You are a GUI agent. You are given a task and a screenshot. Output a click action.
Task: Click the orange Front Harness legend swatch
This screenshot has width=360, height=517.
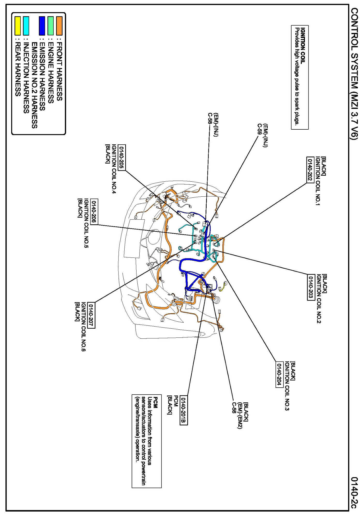tap(59, 26)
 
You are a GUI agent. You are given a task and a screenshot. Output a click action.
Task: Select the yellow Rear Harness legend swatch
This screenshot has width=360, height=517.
tap(18, 26)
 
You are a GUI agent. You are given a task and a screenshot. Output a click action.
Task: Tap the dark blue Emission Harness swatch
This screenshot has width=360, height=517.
tap(42, 26)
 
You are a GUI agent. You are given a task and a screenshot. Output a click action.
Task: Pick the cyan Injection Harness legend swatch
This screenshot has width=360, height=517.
tap(26, 26)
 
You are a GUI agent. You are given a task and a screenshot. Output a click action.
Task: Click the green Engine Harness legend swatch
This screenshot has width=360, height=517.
tap(50, 26)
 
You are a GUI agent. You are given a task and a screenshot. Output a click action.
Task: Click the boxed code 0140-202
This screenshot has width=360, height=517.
tap(310, 170)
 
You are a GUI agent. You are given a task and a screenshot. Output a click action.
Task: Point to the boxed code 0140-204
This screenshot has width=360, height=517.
tap(279, 374)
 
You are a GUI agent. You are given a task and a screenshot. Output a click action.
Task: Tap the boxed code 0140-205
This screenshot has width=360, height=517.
tap(122, 158)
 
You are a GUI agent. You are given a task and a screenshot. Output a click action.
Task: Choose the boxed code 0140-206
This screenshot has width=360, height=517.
tap(94, 212)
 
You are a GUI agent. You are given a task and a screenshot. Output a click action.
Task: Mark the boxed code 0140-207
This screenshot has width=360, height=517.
tap(91, 315)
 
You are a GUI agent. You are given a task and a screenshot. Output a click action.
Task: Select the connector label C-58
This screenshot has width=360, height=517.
tap(210, 119)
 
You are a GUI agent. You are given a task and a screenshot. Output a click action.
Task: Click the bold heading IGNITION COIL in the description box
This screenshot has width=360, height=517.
tap(303, 46)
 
